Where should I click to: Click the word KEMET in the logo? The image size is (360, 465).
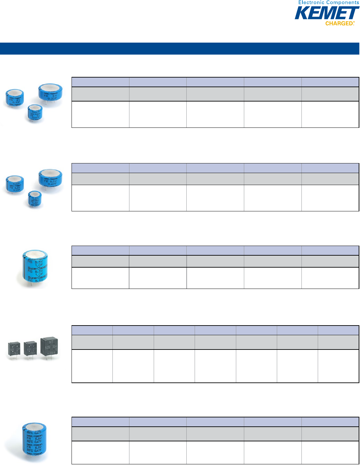(327, 14)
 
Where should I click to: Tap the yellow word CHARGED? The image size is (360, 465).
(339, 24)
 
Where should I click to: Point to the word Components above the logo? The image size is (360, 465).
(343, 3)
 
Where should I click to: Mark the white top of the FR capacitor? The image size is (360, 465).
(35, 426)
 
